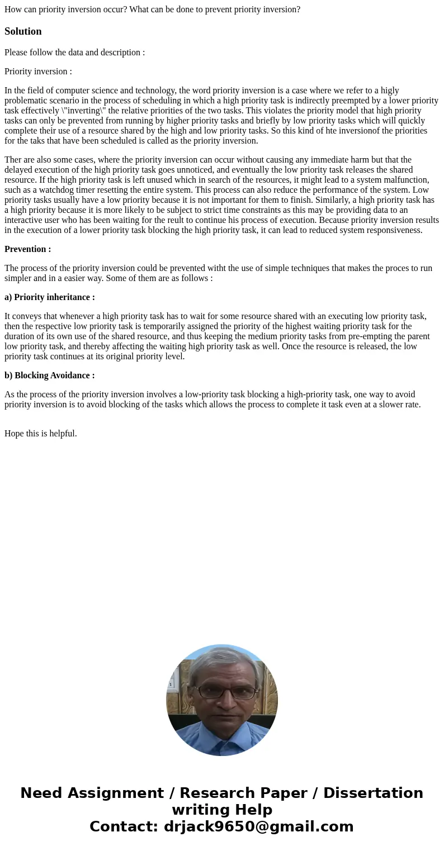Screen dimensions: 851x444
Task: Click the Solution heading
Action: [23, 31]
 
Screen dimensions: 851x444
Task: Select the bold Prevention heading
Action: [27, 249]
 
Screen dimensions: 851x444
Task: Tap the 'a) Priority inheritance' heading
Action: [49, 297]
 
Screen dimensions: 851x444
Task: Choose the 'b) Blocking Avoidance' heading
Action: [49, 375]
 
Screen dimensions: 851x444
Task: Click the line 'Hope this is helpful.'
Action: [41, 434]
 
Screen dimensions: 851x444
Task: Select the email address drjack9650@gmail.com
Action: [258, 827]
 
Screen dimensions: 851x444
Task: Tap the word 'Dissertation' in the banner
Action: [373, 793]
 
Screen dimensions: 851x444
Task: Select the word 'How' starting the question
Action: [13, 9]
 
